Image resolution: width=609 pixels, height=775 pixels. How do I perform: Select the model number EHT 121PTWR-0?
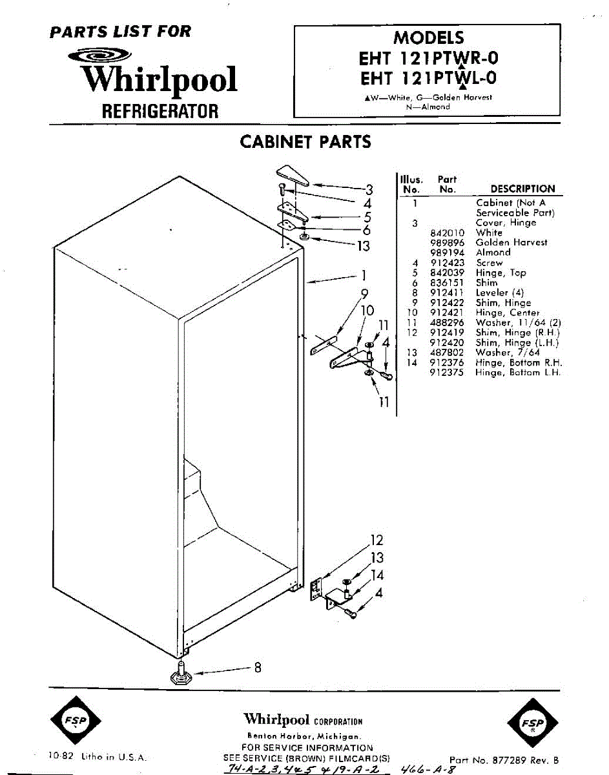click(x=428, y=58)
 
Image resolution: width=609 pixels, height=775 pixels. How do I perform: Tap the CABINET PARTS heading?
click(x=305, y=142)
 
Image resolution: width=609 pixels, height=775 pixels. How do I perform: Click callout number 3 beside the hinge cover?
click(x=369, y=189)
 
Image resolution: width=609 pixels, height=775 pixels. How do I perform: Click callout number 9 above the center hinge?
click(x=364, y=294)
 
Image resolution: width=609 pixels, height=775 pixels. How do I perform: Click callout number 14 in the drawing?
click(x=377, y=575)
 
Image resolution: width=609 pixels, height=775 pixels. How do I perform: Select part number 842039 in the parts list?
click(x=447, y=273)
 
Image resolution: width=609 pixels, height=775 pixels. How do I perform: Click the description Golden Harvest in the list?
click(x=511, y=242)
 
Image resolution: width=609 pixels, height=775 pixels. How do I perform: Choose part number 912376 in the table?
click(x=447, y=363)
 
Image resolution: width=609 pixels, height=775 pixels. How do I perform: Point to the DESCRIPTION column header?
click(x=522, y=189)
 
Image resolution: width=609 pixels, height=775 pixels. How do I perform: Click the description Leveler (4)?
click(x=500, y=293)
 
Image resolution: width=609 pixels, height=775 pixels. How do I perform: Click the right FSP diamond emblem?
click(x=532, y=723)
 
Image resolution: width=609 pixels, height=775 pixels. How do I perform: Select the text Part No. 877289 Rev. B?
click(x=504, y=760)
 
